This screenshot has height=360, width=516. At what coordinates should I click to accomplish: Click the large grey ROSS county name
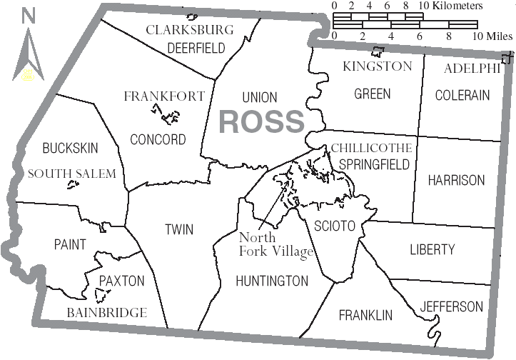[261, 121]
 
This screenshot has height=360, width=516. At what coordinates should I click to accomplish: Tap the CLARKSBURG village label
[190, 30]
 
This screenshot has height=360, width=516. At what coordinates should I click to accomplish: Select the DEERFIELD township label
[196, 48]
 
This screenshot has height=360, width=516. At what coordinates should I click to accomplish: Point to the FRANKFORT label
[164, 96]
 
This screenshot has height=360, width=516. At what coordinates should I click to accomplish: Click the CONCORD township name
[158, 139]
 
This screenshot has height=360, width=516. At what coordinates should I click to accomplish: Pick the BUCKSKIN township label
[70, 149]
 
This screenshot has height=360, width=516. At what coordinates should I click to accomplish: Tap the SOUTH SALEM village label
[71, 174]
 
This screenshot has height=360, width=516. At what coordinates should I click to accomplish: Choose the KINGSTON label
[377, 66]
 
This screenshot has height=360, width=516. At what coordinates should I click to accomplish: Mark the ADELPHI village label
[472, 69]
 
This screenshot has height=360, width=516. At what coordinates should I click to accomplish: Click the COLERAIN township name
[462, 94]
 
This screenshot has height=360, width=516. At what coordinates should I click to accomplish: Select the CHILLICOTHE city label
[371, 149]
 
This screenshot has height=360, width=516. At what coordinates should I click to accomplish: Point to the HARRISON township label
[456, 180]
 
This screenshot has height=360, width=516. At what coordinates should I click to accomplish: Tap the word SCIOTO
[335, 226]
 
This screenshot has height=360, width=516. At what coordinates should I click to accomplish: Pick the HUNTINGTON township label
[272, 281]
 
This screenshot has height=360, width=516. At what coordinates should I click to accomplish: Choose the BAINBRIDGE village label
[107, 312]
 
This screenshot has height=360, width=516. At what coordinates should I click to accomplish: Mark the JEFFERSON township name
[451, 306]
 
